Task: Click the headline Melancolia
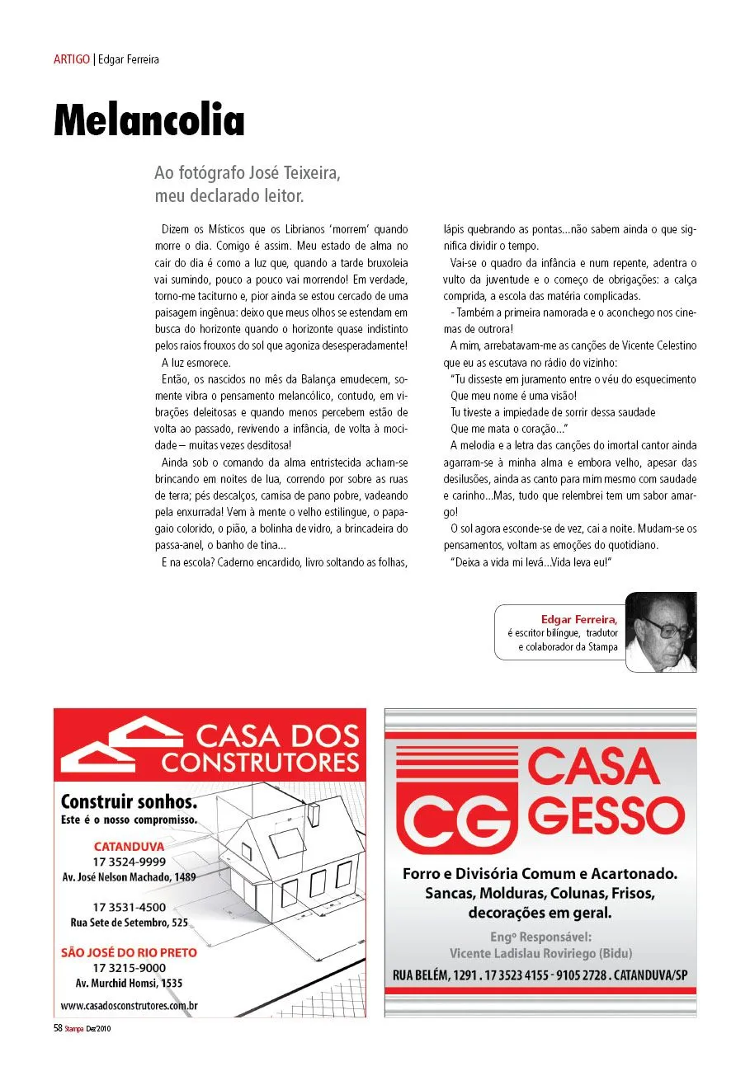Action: [x=149, y=120]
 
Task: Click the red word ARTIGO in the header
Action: [x=72, y=59]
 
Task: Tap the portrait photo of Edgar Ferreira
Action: [x=660, y=632]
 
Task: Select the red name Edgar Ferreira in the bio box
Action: [x=579, y=618]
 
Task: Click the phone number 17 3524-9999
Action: [x=130, y=862]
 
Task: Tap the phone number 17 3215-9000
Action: [x=130, y=967]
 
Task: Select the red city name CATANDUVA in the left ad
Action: [x=130, y=847]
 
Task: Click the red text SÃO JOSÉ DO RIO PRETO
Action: [x=130, y=952]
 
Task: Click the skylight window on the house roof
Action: [x=286, y=843]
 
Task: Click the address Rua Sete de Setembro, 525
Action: [x=130, y=922]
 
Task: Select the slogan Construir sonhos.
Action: [x=129, y=801]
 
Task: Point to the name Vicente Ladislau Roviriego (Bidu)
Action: [x=540, y=953]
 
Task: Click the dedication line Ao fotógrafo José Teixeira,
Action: [x=248, y=174]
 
